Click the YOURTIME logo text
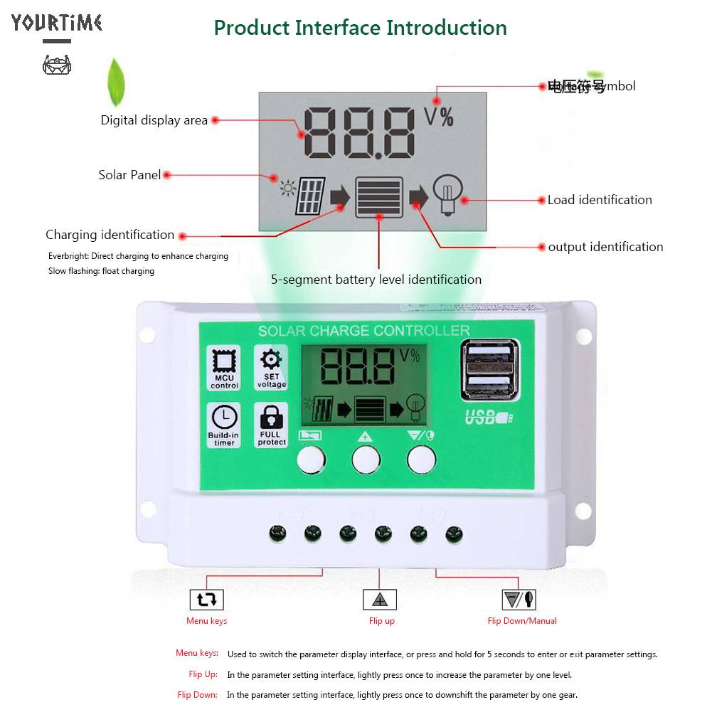pos(57,23)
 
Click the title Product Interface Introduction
pos(360,28)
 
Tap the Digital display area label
pos(154,120)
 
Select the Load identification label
pos(599,200)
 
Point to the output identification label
pos(605,247)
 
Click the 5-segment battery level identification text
pos(376,280)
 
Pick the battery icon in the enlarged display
pos(379,197)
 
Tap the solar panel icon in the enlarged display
pos(311,196)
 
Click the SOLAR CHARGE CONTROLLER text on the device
pos(363,331)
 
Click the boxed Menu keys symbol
pos(207,599)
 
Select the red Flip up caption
pos(381,621)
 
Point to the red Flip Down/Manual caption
pos(522,621)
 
